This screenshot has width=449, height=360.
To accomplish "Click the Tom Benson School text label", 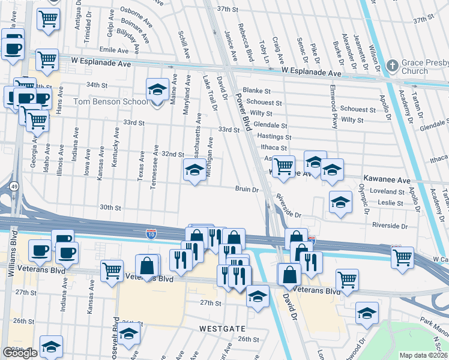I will pyautogui.click(x=110, y=101).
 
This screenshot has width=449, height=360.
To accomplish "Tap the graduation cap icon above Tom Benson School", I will pyautogui.click(x=157, y=90).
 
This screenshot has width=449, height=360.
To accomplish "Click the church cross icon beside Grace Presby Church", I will pyautogui.click(x=393, y=65).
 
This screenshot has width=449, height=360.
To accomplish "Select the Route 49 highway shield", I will pyautogui.click(x=13, y=187).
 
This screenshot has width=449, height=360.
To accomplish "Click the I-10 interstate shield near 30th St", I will pyautogui.click(x=152, y=232).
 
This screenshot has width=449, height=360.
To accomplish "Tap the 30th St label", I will pyautogui.click(x=110, y=208).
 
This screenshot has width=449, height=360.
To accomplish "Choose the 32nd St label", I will pyautogui.click(x=172, y=154).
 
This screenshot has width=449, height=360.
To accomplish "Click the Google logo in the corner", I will pyautogui.click(x=20, y=353).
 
